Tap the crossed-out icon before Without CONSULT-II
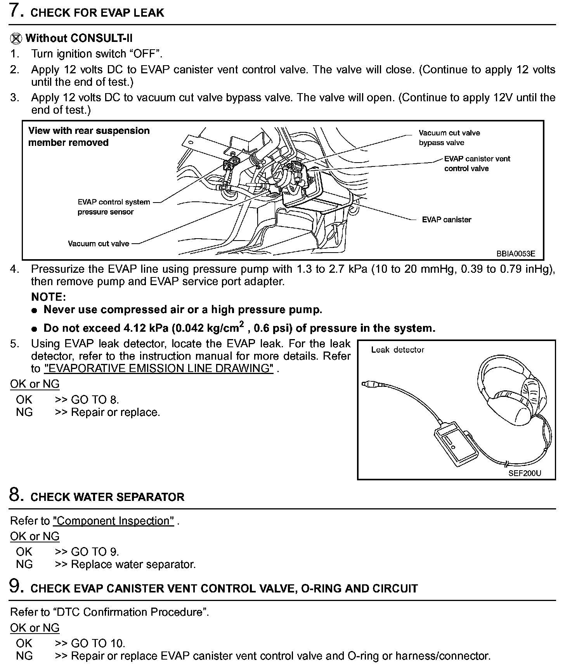(x=16, y=38)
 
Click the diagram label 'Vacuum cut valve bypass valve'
(x=449, y=138)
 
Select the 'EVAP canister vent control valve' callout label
(x=477, y=163)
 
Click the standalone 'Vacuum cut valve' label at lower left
(x=99, y=244)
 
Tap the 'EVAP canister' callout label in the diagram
(x=446, y=220)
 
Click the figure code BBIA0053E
(x=516, y=254)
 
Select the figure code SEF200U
(x=525, y=473)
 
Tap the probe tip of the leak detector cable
(x=365, y=384)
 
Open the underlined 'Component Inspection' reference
(x=113, y=521)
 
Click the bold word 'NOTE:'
(x=49, y=297)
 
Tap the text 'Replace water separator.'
(x=133, y=564)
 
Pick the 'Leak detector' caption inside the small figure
(x=397, y=350)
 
